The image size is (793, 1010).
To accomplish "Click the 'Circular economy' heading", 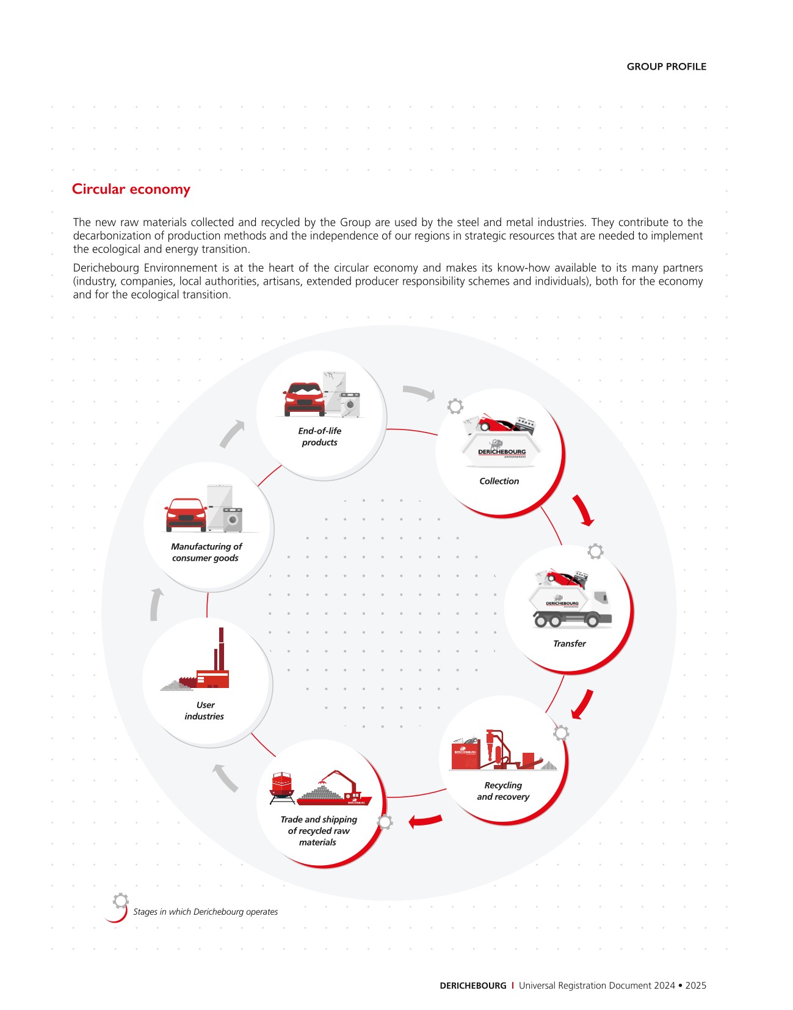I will [x=131, y=189].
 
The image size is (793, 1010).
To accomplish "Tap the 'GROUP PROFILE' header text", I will [x=666, y=67].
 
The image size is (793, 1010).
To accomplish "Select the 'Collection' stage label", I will [x=499, y=481].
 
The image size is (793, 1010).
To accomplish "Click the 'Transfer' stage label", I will [x=569, y=644].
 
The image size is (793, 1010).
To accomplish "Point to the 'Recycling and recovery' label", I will [x=503, y=791].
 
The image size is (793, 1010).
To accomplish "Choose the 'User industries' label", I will [x=205, y=711].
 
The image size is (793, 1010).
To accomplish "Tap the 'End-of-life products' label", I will [x=319, y=437].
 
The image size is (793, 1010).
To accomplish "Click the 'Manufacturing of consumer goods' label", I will [x=206, y=552].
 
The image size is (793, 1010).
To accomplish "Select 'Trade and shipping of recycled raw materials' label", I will [x=318, y=831].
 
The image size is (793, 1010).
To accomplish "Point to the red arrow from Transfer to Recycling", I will [x=582, y=704].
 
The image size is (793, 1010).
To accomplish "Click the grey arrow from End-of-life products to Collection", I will [x=419, y=392].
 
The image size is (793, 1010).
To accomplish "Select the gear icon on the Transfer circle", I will [x=595, y=551].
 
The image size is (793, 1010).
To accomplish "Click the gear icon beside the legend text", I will [x=121, y=900].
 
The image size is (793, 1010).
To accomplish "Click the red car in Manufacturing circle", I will [x=186, y=514].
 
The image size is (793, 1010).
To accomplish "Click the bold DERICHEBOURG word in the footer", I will [x=473, y=986].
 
